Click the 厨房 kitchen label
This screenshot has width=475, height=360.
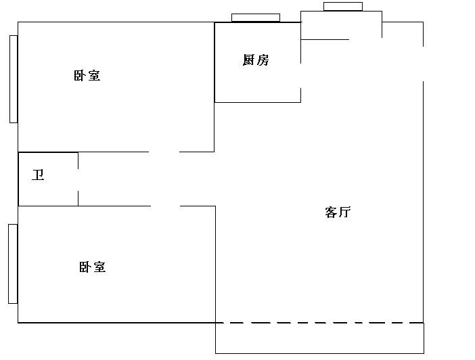pyautogui.click(x=256, y=60)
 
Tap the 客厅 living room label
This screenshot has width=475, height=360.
pyautogui.click(x=338, y=212)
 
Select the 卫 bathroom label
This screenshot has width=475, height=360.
pyautogui.click(x=39, y=176)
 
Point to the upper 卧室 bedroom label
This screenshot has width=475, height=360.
pyautogui.click(x=87, y=76)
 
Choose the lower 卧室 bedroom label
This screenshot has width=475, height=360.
pyautogui.click(x=93, y=267)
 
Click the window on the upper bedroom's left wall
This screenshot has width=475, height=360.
pyautogui.click(x=14, y=79)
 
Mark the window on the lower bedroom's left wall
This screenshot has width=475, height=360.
pyautogui.click(x=13, y=264)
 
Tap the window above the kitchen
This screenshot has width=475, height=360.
pyautogui.click(x=256, y=18)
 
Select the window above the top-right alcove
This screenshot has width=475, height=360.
pyautogui.click(x=342, y=7)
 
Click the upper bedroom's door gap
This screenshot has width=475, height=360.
pyautogui.click(x=164, y=152)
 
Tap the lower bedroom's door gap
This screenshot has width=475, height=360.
pyautogui.click(x=166, y=206)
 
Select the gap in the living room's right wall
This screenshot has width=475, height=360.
pyautogui.click(x=424, y=64)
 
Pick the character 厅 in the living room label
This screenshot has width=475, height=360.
pyautogui.click(x=344, y=212)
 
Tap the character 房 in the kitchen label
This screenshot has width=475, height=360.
pyautogui.click(x=263, y=60)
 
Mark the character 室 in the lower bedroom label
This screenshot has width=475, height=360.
pyautogui.click(x=99, y=267)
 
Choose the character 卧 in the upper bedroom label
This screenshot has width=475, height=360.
pyautogui.click(x=81, y=76)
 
